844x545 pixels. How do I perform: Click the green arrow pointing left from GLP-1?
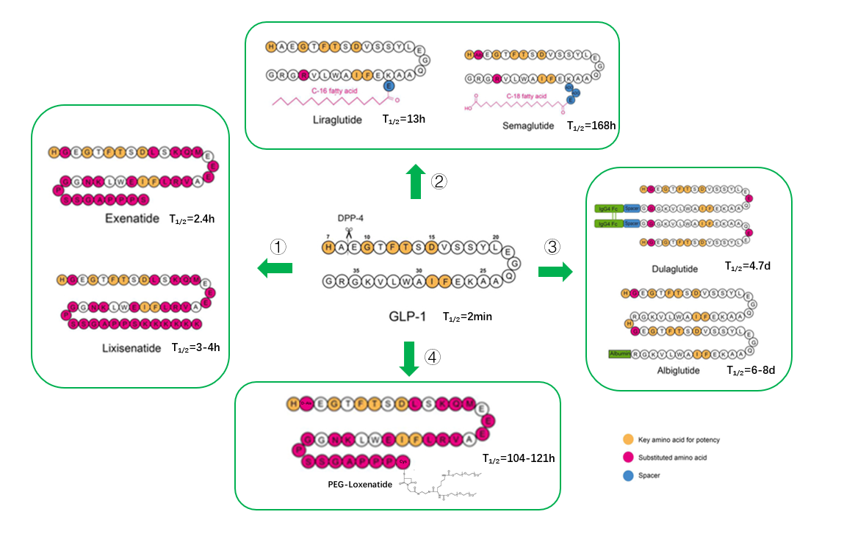274,270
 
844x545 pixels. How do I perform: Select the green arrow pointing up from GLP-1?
416,182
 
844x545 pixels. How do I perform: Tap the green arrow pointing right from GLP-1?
555,272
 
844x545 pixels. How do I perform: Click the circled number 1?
278,248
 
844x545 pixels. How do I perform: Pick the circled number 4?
433,358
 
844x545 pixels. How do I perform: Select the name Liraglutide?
337,119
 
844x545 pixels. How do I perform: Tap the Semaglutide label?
527,126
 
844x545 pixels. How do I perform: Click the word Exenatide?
132,218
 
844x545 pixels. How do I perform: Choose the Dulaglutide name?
675,269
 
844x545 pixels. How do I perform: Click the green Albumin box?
620,354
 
